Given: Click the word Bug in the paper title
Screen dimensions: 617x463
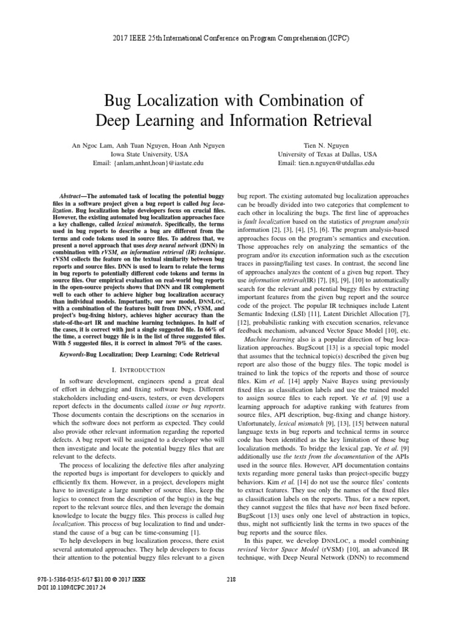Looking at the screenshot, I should (121, 99).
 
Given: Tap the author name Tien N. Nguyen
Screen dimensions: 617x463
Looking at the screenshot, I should (327, 146).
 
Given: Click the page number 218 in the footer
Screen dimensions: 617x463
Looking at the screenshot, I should (230, 597).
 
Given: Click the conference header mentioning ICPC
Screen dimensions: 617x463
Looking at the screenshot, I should (231, 38).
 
